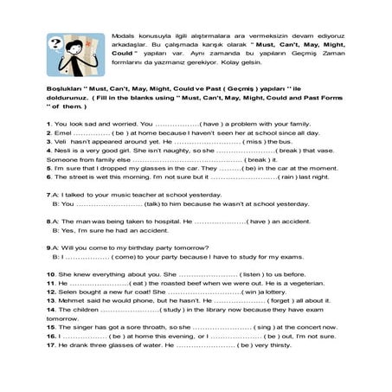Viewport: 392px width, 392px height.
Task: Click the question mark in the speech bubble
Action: (x=55, y=41)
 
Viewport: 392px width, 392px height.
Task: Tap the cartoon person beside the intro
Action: (x=77, y=53)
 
